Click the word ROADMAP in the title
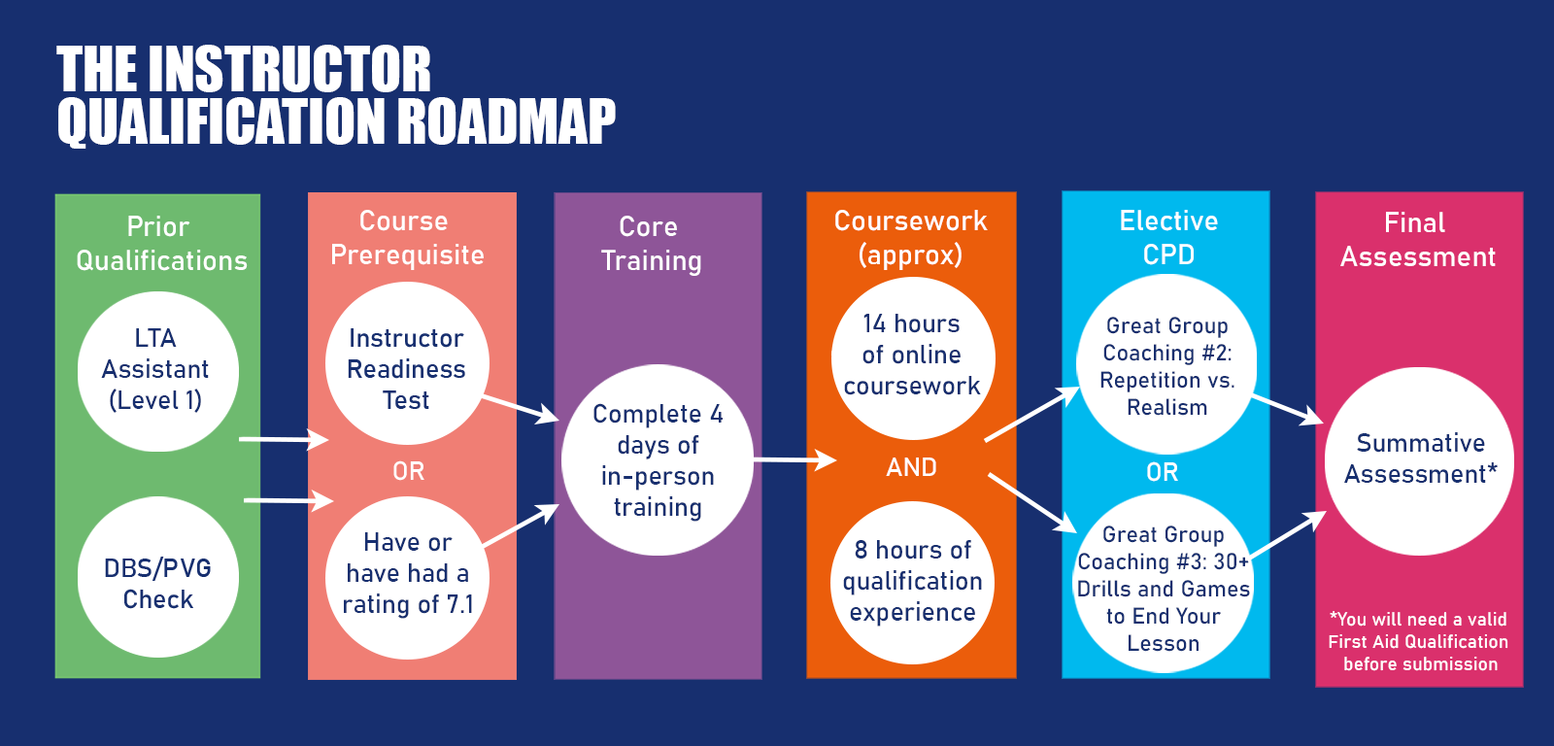pyautogui.click(x=506, y=121)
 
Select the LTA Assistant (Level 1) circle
pyautogui.click(x=158, y=371)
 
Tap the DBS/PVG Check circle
pyautogui.click(x=158, y=577)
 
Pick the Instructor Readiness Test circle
pyautogui.click(x=407, y=363)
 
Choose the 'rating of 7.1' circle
pyautogui.click(x=407, y=577)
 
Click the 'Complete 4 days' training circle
pyautogui.click(x=657, y=460)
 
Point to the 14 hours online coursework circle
pyautogui.click(x=913, y=358)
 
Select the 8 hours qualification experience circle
pyautogui.click(x=912, y=582)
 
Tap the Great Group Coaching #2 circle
pyautogui.click(x=1166, y=364)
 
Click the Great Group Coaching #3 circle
pyautogui.click(x=1164, y=584)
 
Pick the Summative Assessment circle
pyautogui.click(x=1419, y=461)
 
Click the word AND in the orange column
pyautogui.click(x=912, y=468)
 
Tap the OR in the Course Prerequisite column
pyautogui.click(x=408, y=472)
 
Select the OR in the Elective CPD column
pyautogui.click(x=1162, y=473)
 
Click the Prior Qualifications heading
pyautogui.click(x=161, y=244)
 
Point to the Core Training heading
pyautogui.click(x=651, y=244)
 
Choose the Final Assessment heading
pyautogui.click(x=1417, y=240)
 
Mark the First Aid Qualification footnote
pyautogui.click(x=1419, y=642)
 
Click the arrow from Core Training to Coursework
pyautogui.click(x=795, y=459)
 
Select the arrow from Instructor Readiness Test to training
pyautogui.click(x=521, y=409)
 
